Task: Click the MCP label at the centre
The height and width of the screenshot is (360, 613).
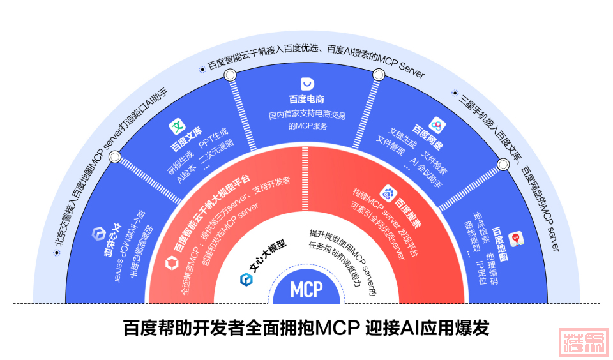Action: coord(306,289)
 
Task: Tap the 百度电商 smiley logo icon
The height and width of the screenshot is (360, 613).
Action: coord(306,84)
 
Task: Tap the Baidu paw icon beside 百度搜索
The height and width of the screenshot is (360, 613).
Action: coord(388,191)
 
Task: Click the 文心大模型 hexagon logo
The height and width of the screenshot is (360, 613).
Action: coord(246,279)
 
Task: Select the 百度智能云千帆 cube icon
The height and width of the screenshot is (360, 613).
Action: coord(171,262)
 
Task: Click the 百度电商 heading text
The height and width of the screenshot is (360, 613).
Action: coord(306,100)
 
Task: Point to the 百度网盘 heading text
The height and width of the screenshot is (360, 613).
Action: coord(427,136)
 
